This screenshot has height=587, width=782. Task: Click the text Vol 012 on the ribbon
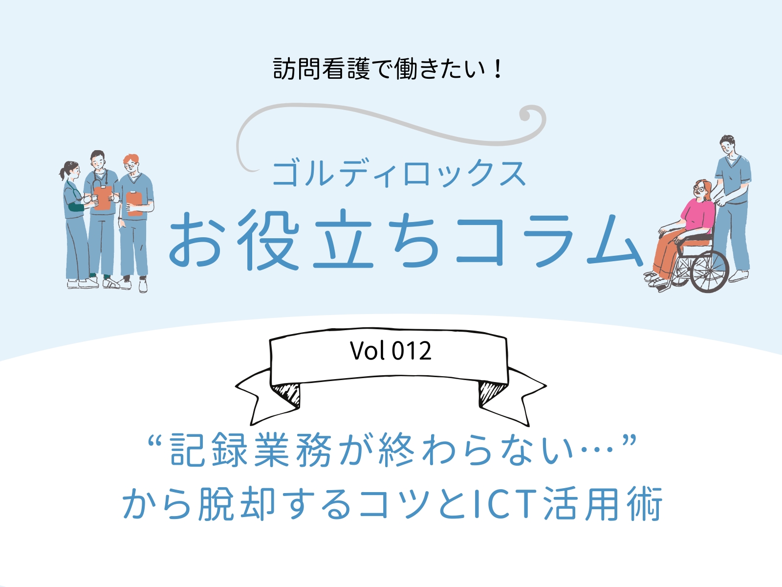pyautogui.click(x=391, y=351)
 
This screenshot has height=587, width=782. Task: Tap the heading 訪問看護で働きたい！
pyautogui.click(x=388, y=68)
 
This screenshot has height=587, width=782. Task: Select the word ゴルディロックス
pyautogui.click(x=399, y=174)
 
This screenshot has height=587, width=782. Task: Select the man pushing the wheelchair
pyautogui.click(x=730, y=207)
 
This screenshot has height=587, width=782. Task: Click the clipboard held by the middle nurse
pyautogui.click(x=103, y=198)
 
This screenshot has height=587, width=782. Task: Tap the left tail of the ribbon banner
pyautogui.click(x=267, y=396)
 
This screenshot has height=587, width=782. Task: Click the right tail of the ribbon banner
pyautogui.click(x=513, y=396)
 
